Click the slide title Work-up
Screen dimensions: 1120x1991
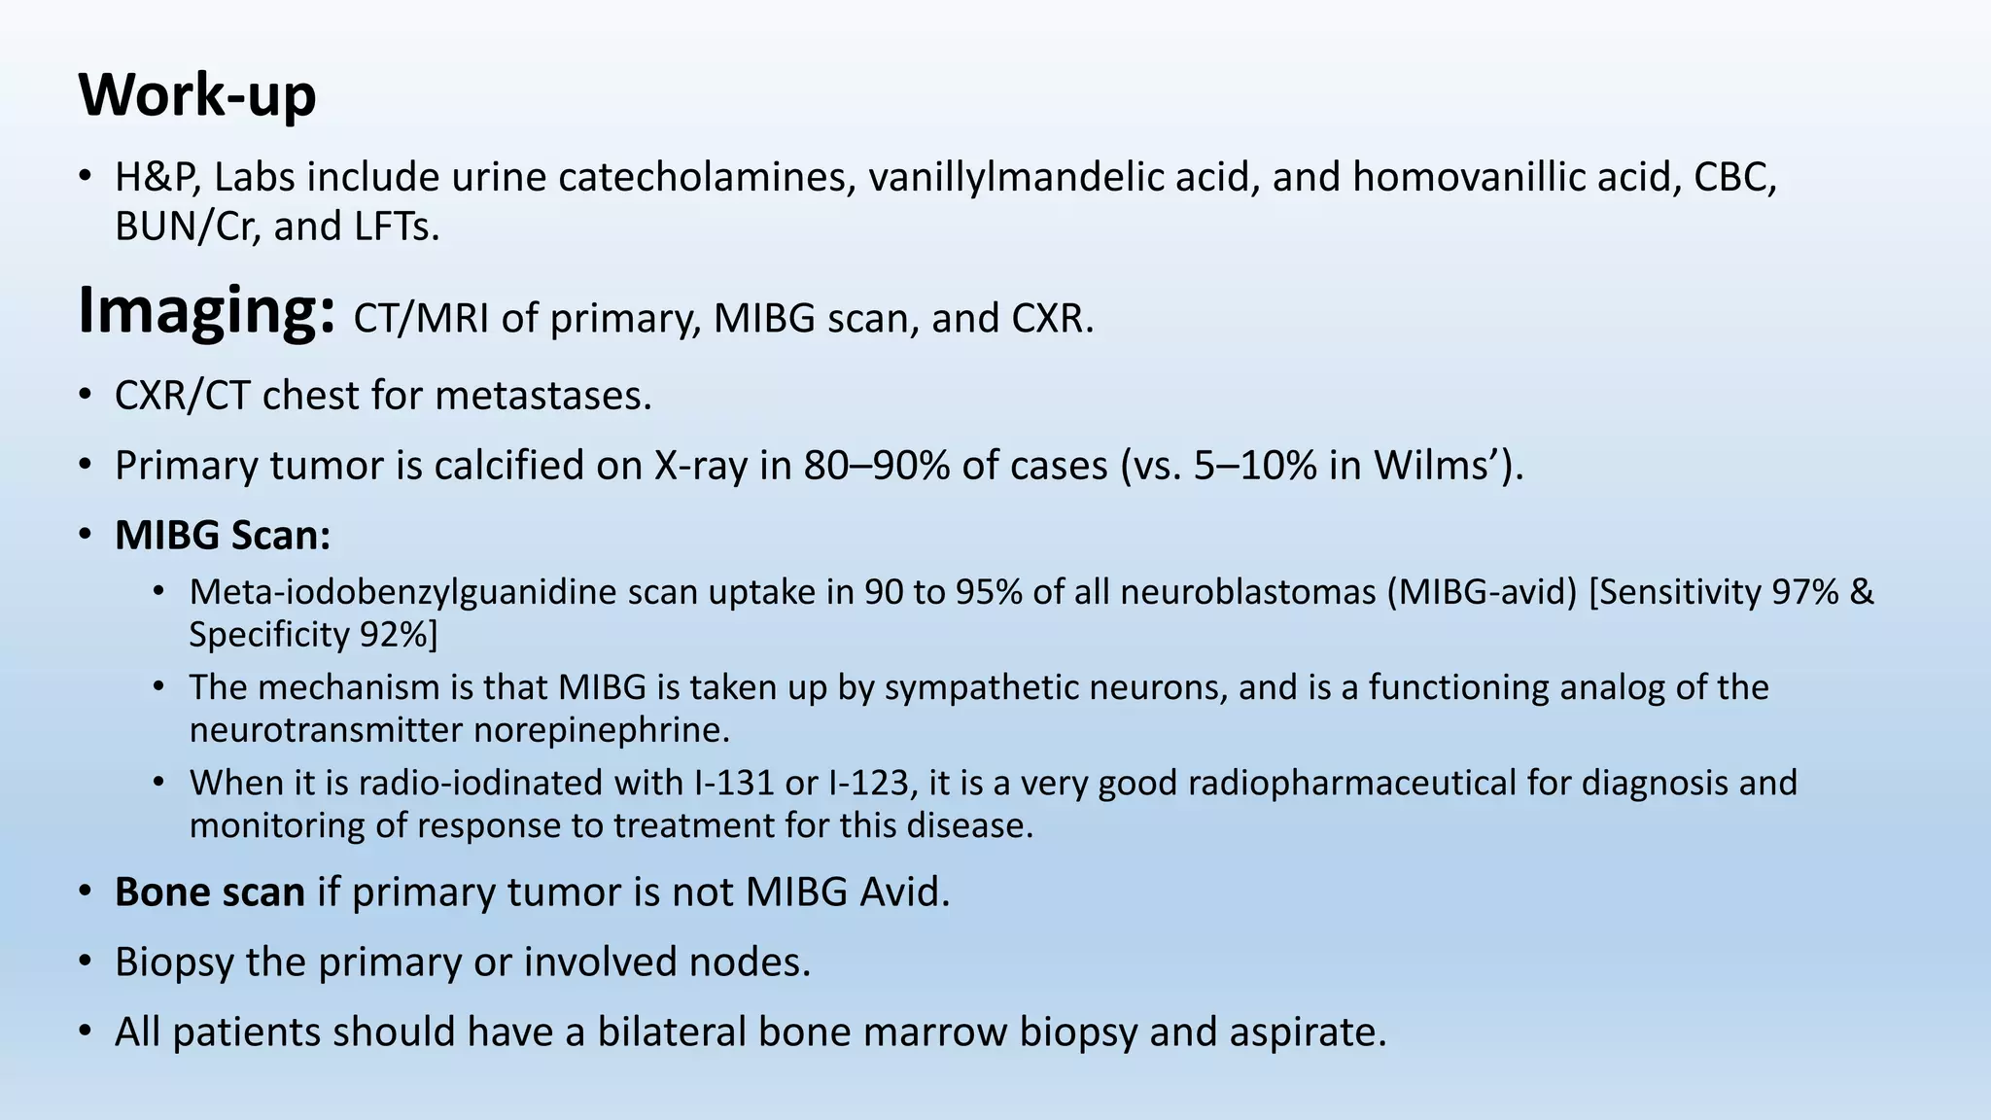coord(197,96)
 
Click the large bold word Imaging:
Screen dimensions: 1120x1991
coord(207,311)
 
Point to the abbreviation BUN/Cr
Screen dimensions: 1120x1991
coord(187,227)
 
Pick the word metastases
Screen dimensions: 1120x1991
coord(542,396)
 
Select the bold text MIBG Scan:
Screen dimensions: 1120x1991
coord(223,536)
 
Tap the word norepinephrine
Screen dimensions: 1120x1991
coord(601,730)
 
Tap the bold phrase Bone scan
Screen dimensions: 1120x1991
coord(210,892)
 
